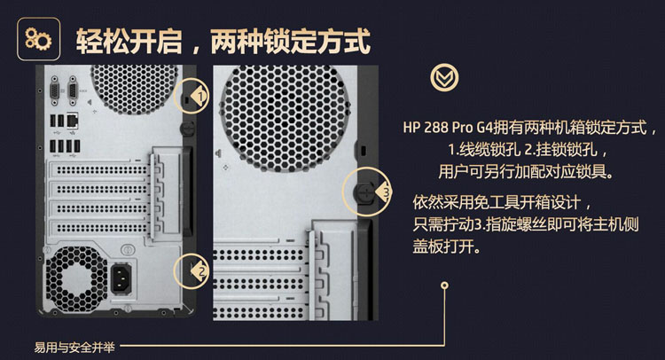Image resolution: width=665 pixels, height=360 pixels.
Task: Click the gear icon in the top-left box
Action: click(38, 39)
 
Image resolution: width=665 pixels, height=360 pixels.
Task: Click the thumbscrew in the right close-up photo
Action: click(364, 193)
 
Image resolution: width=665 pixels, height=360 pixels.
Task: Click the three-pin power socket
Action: click(121, 278)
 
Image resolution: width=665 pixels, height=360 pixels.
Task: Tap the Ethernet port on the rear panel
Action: click(73, 121)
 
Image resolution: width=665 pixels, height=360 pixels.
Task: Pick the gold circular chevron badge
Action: click(444, 77)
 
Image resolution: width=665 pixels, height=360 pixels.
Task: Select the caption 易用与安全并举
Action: click(74, 348)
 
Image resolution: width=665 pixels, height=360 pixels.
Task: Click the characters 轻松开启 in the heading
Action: click(129, 42)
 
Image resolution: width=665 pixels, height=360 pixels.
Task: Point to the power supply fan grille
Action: click(75, 279)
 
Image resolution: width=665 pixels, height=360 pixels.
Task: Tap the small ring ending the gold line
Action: click(444, 286)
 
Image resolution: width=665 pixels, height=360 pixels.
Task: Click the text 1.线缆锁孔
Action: click(484, 149)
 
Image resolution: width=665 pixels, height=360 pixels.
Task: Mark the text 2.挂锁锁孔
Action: click(561, 149)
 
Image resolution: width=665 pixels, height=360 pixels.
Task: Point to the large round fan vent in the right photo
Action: click(285, 117)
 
